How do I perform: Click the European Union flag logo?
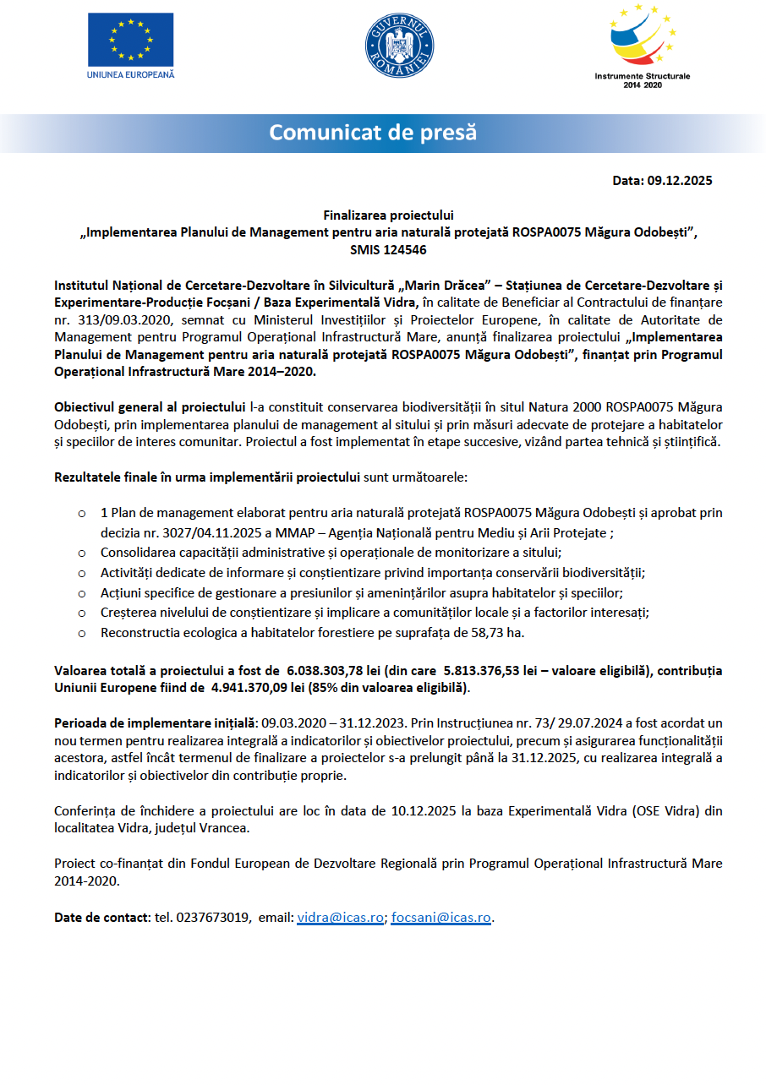[131, 40]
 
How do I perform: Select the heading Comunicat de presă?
[373, 133]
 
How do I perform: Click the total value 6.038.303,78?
[330, 670]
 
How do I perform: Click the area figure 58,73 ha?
[507, 632]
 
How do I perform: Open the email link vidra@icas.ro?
[340, 917]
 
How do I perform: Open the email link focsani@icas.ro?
[440, 917]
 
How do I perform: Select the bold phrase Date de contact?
[101, 917]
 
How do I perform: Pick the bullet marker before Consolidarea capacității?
[81, 553]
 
